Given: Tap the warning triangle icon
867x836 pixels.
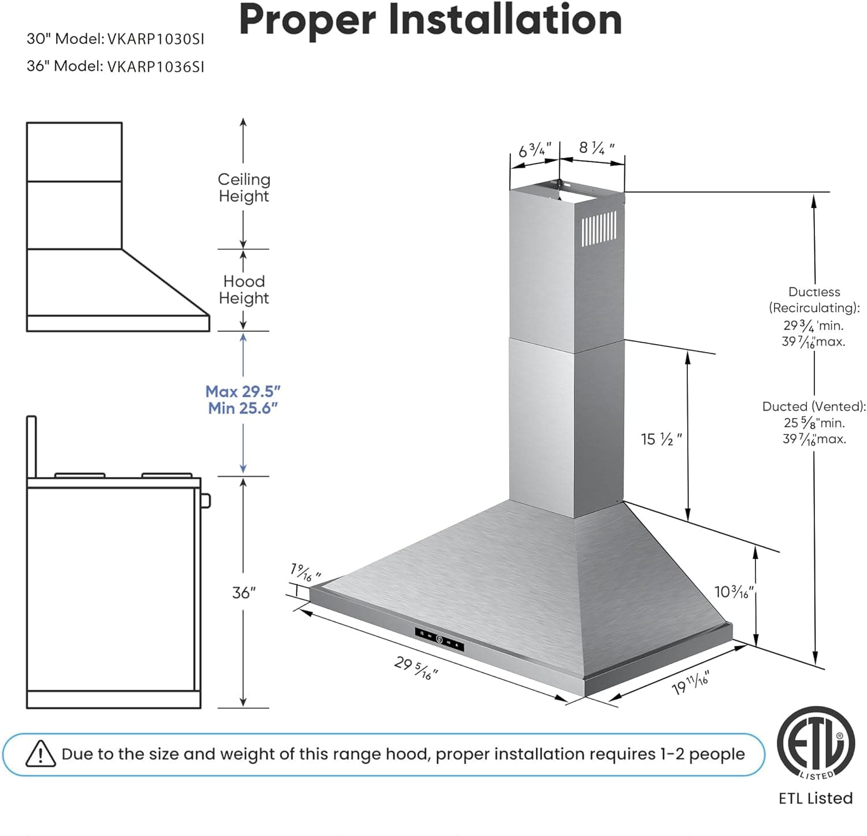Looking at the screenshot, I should pos(40,754).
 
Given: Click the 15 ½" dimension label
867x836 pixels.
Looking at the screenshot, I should pos(661,439).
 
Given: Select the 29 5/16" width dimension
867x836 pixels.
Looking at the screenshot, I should pos(416,668).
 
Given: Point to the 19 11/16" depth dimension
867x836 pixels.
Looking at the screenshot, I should pos(690,683).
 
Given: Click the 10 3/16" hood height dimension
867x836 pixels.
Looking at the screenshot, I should pos(733,592).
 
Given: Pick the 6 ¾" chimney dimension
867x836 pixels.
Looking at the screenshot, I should pos(535,150).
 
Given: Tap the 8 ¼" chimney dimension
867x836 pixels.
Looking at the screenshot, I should pos(596,148).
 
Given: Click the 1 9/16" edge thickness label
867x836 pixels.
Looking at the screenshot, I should pos(305,572).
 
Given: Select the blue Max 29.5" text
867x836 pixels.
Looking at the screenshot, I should pos(243,391).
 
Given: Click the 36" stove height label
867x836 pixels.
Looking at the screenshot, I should pos(243,593).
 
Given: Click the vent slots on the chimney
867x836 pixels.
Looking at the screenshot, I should pos(599,228).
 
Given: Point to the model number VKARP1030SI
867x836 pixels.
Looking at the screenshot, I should pos(155,39).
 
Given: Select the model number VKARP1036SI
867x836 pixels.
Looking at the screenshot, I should pos(155,66).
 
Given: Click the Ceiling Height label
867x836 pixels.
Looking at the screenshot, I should pos(243,188).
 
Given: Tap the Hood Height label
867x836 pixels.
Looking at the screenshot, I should pos(243,290).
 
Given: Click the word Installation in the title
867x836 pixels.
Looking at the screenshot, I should pos(505,20).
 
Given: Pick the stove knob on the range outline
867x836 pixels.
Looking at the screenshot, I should pos(205,500).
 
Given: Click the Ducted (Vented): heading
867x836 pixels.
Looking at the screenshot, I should pos(814,406).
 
